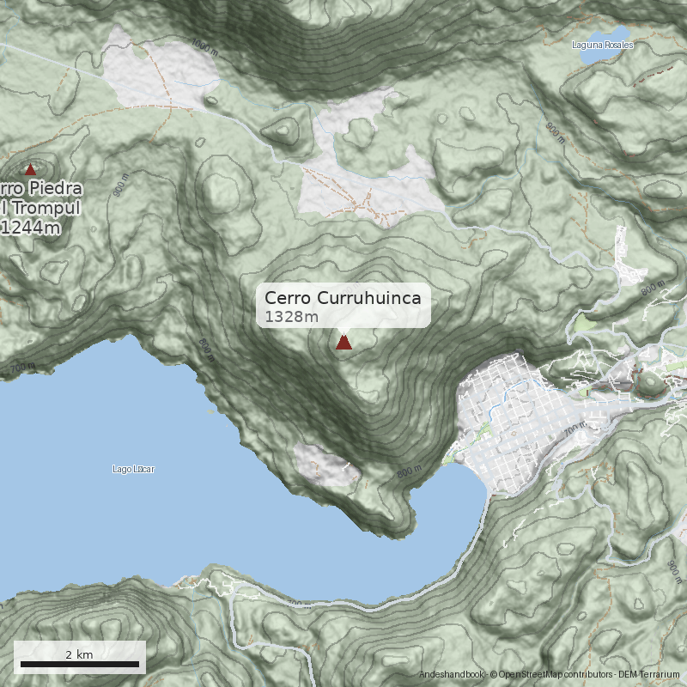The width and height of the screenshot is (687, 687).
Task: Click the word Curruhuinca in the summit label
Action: [369, 298]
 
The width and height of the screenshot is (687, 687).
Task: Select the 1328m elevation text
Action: [292, 318]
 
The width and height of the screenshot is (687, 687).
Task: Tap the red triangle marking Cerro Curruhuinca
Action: [343, 343]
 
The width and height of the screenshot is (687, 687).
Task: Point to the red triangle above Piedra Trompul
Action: [31, 170]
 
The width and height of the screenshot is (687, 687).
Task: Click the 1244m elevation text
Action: [31, 228]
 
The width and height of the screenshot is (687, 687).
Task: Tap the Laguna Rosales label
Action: [603, 45]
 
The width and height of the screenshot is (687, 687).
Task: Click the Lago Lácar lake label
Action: [133, 469]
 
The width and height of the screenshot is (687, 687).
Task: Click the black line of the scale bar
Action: [79, 664]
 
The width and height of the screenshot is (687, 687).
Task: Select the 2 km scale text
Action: [79, 654]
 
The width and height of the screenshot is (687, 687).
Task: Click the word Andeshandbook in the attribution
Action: [452, 675]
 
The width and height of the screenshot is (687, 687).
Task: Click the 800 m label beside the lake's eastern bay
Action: [410, 471]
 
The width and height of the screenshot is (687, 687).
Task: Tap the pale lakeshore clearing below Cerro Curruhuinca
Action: [322, 464]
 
